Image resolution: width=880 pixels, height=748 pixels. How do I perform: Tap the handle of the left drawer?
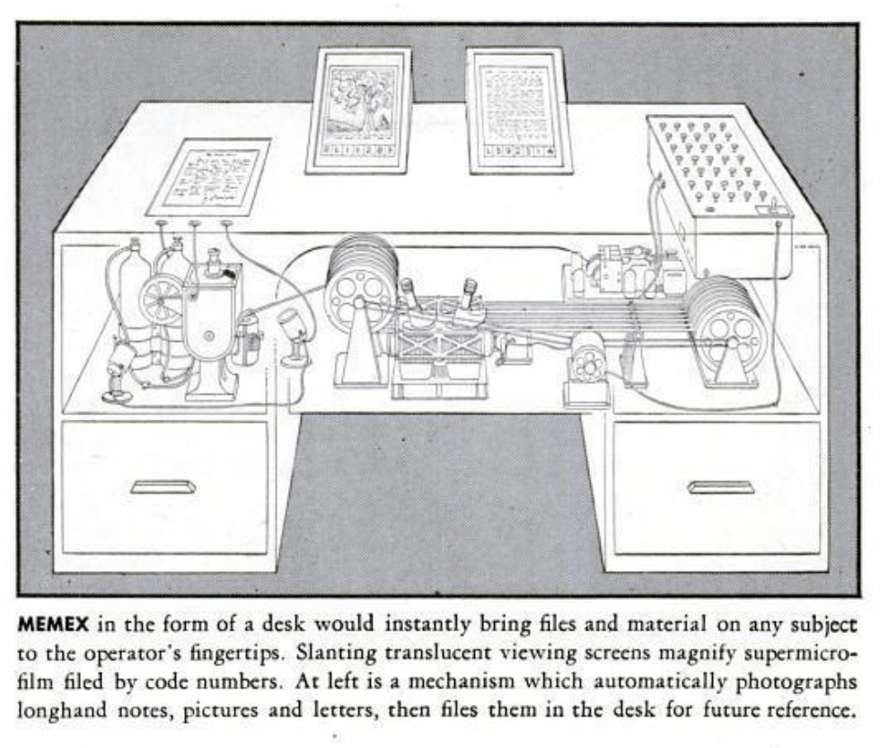tap(163, 486)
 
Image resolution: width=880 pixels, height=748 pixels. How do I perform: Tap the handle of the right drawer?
tap(721, 487)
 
